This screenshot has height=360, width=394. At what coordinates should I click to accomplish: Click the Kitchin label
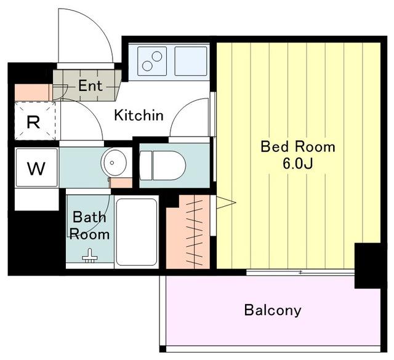point(139,115)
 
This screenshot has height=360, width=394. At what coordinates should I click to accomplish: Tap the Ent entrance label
point(90,86)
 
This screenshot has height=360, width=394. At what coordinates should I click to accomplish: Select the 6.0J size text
point(298,164)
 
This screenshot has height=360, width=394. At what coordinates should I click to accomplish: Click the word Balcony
point(273,310)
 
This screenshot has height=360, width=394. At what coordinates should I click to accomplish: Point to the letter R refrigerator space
point(33,122)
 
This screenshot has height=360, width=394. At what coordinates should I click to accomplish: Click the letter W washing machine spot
point(36,169)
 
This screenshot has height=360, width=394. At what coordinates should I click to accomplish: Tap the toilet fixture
point(163,166)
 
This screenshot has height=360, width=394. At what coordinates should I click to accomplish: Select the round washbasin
point(114,163)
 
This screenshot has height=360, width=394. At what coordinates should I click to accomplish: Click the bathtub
point(137,232)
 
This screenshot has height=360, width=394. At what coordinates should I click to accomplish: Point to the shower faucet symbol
point(90,256)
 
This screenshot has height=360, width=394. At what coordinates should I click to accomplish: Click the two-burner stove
point(152,61)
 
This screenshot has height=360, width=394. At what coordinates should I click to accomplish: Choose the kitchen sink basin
point(191,61)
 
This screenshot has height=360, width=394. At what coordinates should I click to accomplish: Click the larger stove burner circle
point(147,66)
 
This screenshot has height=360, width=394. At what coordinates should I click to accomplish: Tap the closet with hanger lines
point(188,231)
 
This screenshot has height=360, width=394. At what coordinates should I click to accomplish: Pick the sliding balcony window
point(300,273)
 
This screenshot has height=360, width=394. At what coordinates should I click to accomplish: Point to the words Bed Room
point(298,146)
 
